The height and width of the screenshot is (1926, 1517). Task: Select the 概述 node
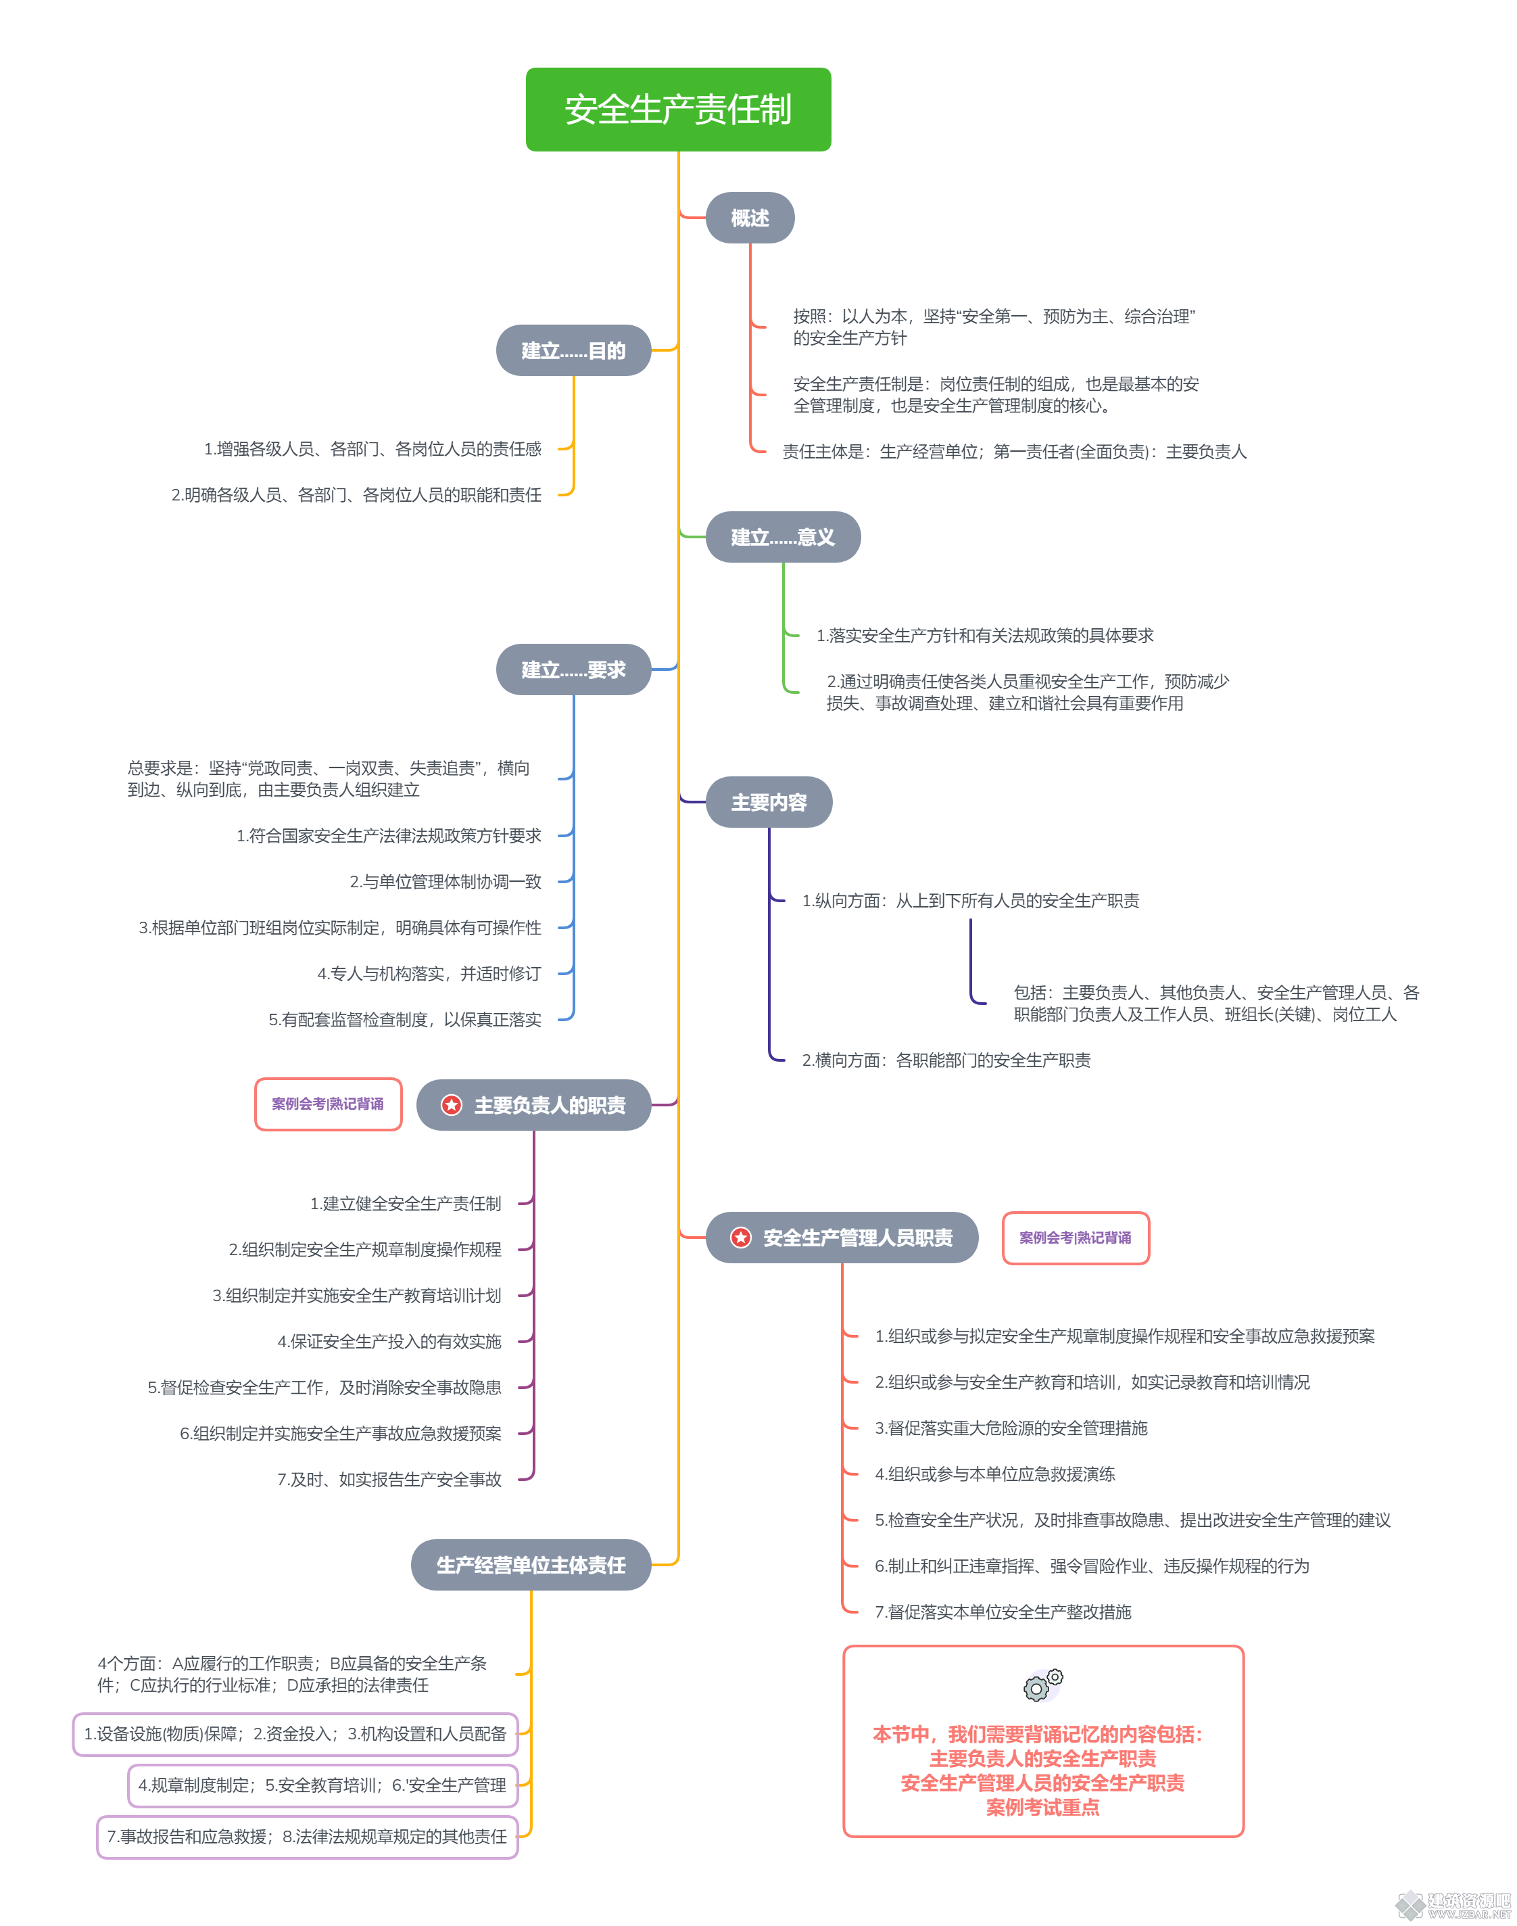[750, 218]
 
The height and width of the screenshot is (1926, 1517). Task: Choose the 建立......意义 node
[782, 536]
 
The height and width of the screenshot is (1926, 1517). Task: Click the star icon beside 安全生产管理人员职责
[741, 1238]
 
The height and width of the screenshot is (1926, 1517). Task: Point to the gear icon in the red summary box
[1042, 1685]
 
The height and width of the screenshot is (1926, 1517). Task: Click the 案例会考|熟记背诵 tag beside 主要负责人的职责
[328, 1104]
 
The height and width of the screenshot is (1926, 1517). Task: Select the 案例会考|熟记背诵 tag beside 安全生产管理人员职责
[1076, 1238]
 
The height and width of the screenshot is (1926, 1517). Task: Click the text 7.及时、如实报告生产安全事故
[389, 1479]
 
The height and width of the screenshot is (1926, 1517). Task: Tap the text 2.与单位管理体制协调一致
[445, 881]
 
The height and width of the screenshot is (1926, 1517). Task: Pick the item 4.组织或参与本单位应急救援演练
[994, 1474]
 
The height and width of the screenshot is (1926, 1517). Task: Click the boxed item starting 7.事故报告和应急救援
[308, 1836]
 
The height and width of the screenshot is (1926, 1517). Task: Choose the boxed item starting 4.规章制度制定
[323, 1785]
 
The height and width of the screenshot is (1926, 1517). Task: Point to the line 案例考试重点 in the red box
[1042, 1807]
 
